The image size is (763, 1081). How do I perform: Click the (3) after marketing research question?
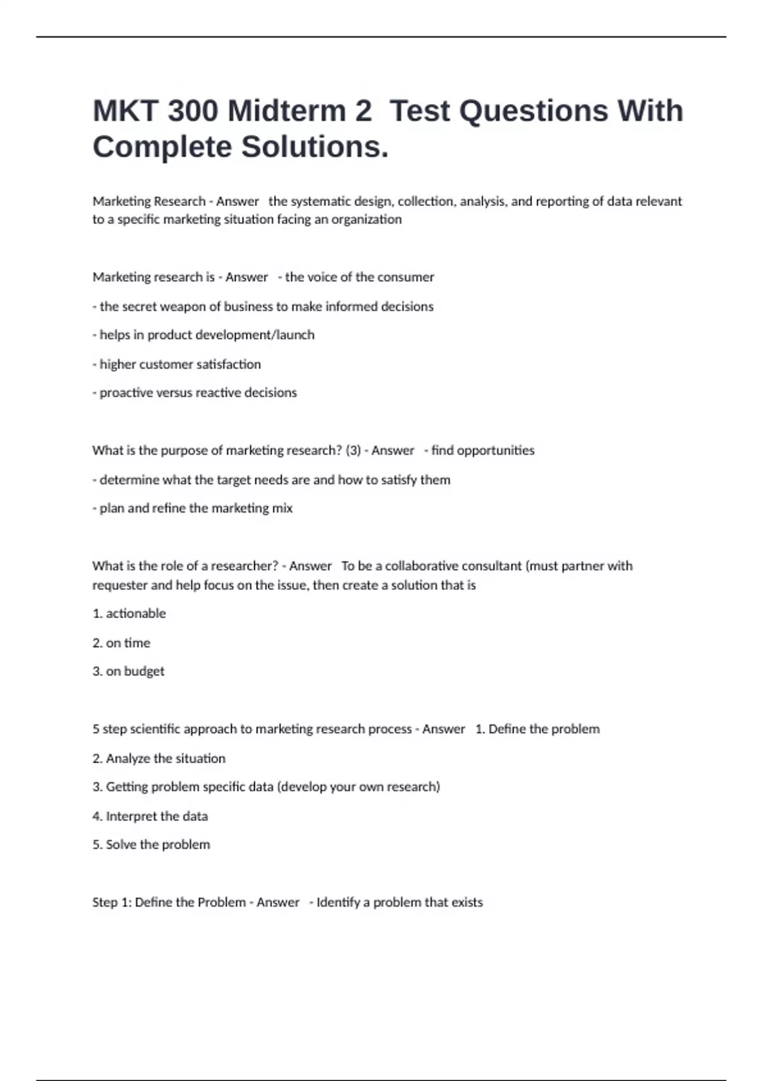(x=353, y=451)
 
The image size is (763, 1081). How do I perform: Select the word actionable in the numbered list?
(x=135, y=614)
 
